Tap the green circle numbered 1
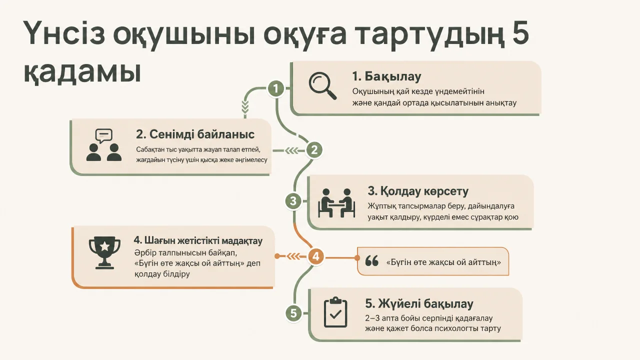coord(275,88)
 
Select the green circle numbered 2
coord(314,150)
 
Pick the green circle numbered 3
coord(293,201)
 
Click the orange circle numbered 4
coord(315,256)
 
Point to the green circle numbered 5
coord(293,313)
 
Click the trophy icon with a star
coord(104,252)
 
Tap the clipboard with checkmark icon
coord(335,312)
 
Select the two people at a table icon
coord(336,203)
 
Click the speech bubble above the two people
coord(103,135)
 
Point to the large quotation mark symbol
coord(371,261)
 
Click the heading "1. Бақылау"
coord(386,76)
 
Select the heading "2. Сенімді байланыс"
coord(195,134)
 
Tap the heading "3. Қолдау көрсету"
coord(418,191)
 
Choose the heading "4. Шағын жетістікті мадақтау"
coord(198,240)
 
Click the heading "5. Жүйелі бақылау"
coord(419,303)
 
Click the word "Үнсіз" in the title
coord(63,33)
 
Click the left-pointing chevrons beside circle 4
coord(293,256)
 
